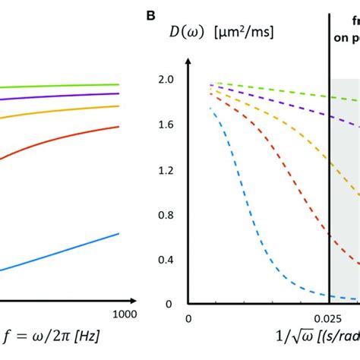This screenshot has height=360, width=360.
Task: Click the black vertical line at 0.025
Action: [x=330, y=190]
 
